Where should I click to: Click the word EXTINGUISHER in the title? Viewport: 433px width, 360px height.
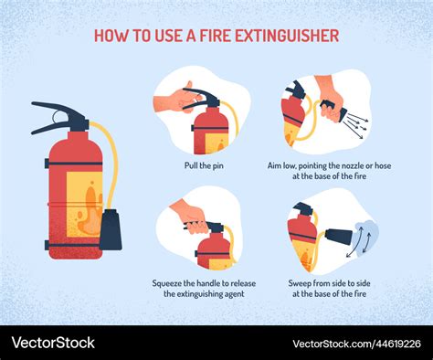click(x=287, y=36)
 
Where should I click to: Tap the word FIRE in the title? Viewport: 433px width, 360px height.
click(x=215, y=36)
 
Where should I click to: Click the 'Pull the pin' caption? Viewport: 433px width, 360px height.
click(x=204, y=165)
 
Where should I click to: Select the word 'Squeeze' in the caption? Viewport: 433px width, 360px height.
click(x=167, y=283)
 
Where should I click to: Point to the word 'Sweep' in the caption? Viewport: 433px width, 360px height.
click(x=300, y=283)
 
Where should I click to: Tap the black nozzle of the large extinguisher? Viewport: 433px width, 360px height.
click(x=111, y=229)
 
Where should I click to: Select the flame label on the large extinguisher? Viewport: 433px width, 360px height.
click(x=84, y=204)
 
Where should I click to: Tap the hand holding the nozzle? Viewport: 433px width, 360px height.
click(x=330, y=98)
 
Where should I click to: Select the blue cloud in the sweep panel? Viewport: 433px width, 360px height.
click(x=365, y=237)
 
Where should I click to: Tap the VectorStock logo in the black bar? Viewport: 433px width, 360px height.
click(x=53, y=343)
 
